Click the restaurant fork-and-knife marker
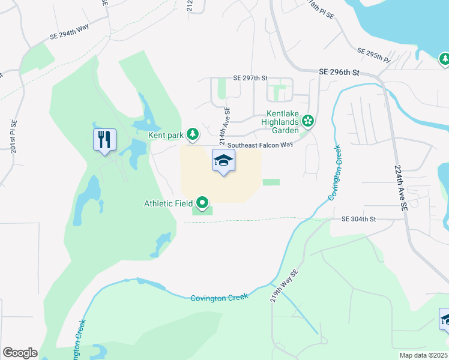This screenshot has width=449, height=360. pos(104,140)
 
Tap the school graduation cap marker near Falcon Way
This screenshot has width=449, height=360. pos(223,161)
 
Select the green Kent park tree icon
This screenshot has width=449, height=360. pos(193,134)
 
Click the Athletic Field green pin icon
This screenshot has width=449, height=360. pos(202,203)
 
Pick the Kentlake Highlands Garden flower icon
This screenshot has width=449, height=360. pos(308,121)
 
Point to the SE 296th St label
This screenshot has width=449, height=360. pos(339,72)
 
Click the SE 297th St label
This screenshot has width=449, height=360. pos(250,79)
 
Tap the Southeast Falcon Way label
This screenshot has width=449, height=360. pos(260,145)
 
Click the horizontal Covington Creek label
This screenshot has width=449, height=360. pos(219,298)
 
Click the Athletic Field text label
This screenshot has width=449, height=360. pos(168,204)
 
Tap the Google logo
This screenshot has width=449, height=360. pos(20,353)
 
